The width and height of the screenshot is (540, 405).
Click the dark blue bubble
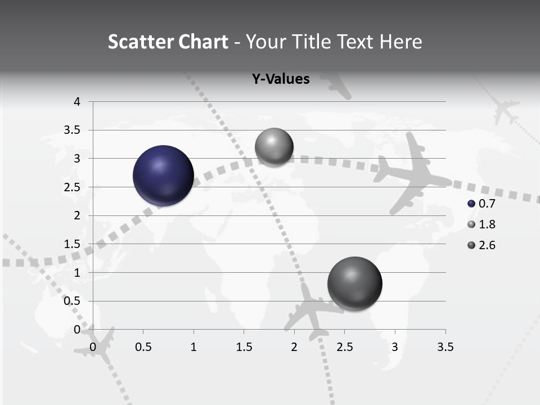click(x=164, y=175)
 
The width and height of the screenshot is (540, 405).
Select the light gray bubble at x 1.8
click(x=274, y=147)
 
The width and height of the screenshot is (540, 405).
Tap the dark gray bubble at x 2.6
click(x=354, y=283)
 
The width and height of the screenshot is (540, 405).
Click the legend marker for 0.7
click(x=471, y=204)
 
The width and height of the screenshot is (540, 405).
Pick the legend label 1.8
click(x=487, y=224)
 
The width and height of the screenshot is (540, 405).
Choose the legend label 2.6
click(x=487, y=245)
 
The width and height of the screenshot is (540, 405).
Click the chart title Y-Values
click(x=281, y=79)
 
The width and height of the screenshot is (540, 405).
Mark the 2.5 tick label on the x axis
click(x=344, y=347)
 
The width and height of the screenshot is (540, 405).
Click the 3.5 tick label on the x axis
click(x=445, y=347)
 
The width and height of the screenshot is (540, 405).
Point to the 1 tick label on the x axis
click(x=193, y=347)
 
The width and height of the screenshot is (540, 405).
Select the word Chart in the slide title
click(x=203, y=42)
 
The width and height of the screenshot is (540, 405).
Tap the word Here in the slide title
click(x=401, y=42)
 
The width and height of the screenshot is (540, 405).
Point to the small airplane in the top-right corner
click(x=504, y=109)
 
